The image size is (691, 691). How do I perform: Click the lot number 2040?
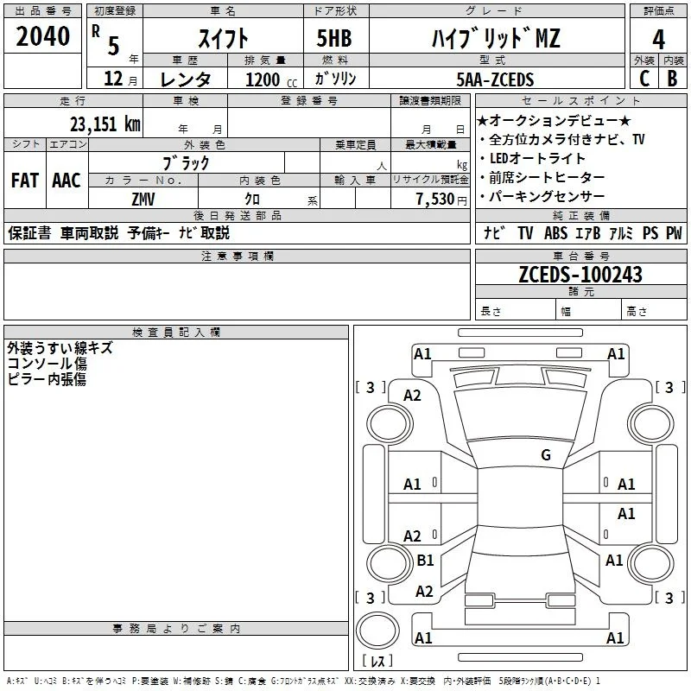click(42, 36)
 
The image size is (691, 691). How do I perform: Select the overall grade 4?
click(658, 40)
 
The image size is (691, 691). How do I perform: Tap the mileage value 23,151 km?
click(105, 124)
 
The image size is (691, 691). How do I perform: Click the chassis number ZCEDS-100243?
click(580, 275)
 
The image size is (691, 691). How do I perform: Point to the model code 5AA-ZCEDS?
click(495, 79)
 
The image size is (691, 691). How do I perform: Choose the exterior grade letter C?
click(644, 79)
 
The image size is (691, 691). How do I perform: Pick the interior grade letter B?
click(673, 79)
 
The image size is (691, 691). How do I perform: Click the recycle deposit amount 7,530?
click(435, 200)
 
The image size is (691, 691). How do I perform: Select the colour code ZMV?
click(143, 200)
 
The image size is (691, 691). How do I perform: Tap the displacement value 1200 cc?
click(271, 79)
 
